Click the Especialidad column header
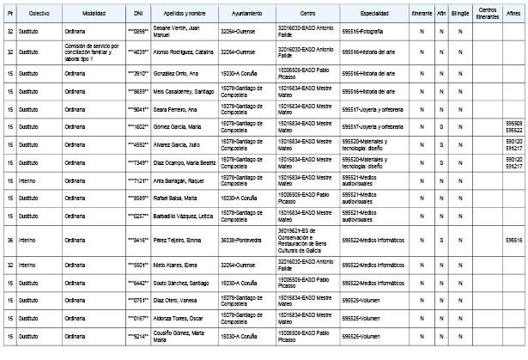click(373, 15)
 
